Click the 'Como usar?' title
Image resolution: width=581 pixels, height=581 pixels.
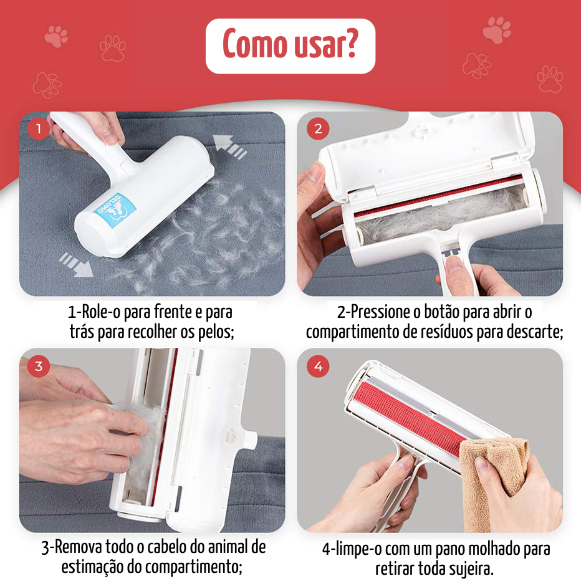tap(290, 44)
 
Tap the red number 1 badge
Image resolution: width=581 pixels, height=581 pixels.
tap(38, 129)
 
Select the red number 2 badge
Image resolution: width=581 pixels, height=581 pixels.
tap(318, 129)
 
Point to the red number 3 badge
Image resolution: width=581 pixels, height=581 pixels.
tap(38, 367)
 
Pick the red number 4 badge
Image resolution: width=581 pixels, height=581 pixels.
tap(318, 367)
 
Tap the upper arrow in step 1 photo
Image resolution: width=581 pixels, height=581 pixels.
tap(229, 147)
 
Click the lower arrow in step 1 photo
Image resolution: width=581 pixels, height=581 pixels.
tap(76, 264)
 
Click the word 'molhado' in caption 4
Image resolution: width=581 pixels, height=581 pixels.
tap(500, 549)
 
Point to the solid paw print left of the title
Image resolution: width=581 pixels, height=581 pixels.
tap(56, 36)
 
